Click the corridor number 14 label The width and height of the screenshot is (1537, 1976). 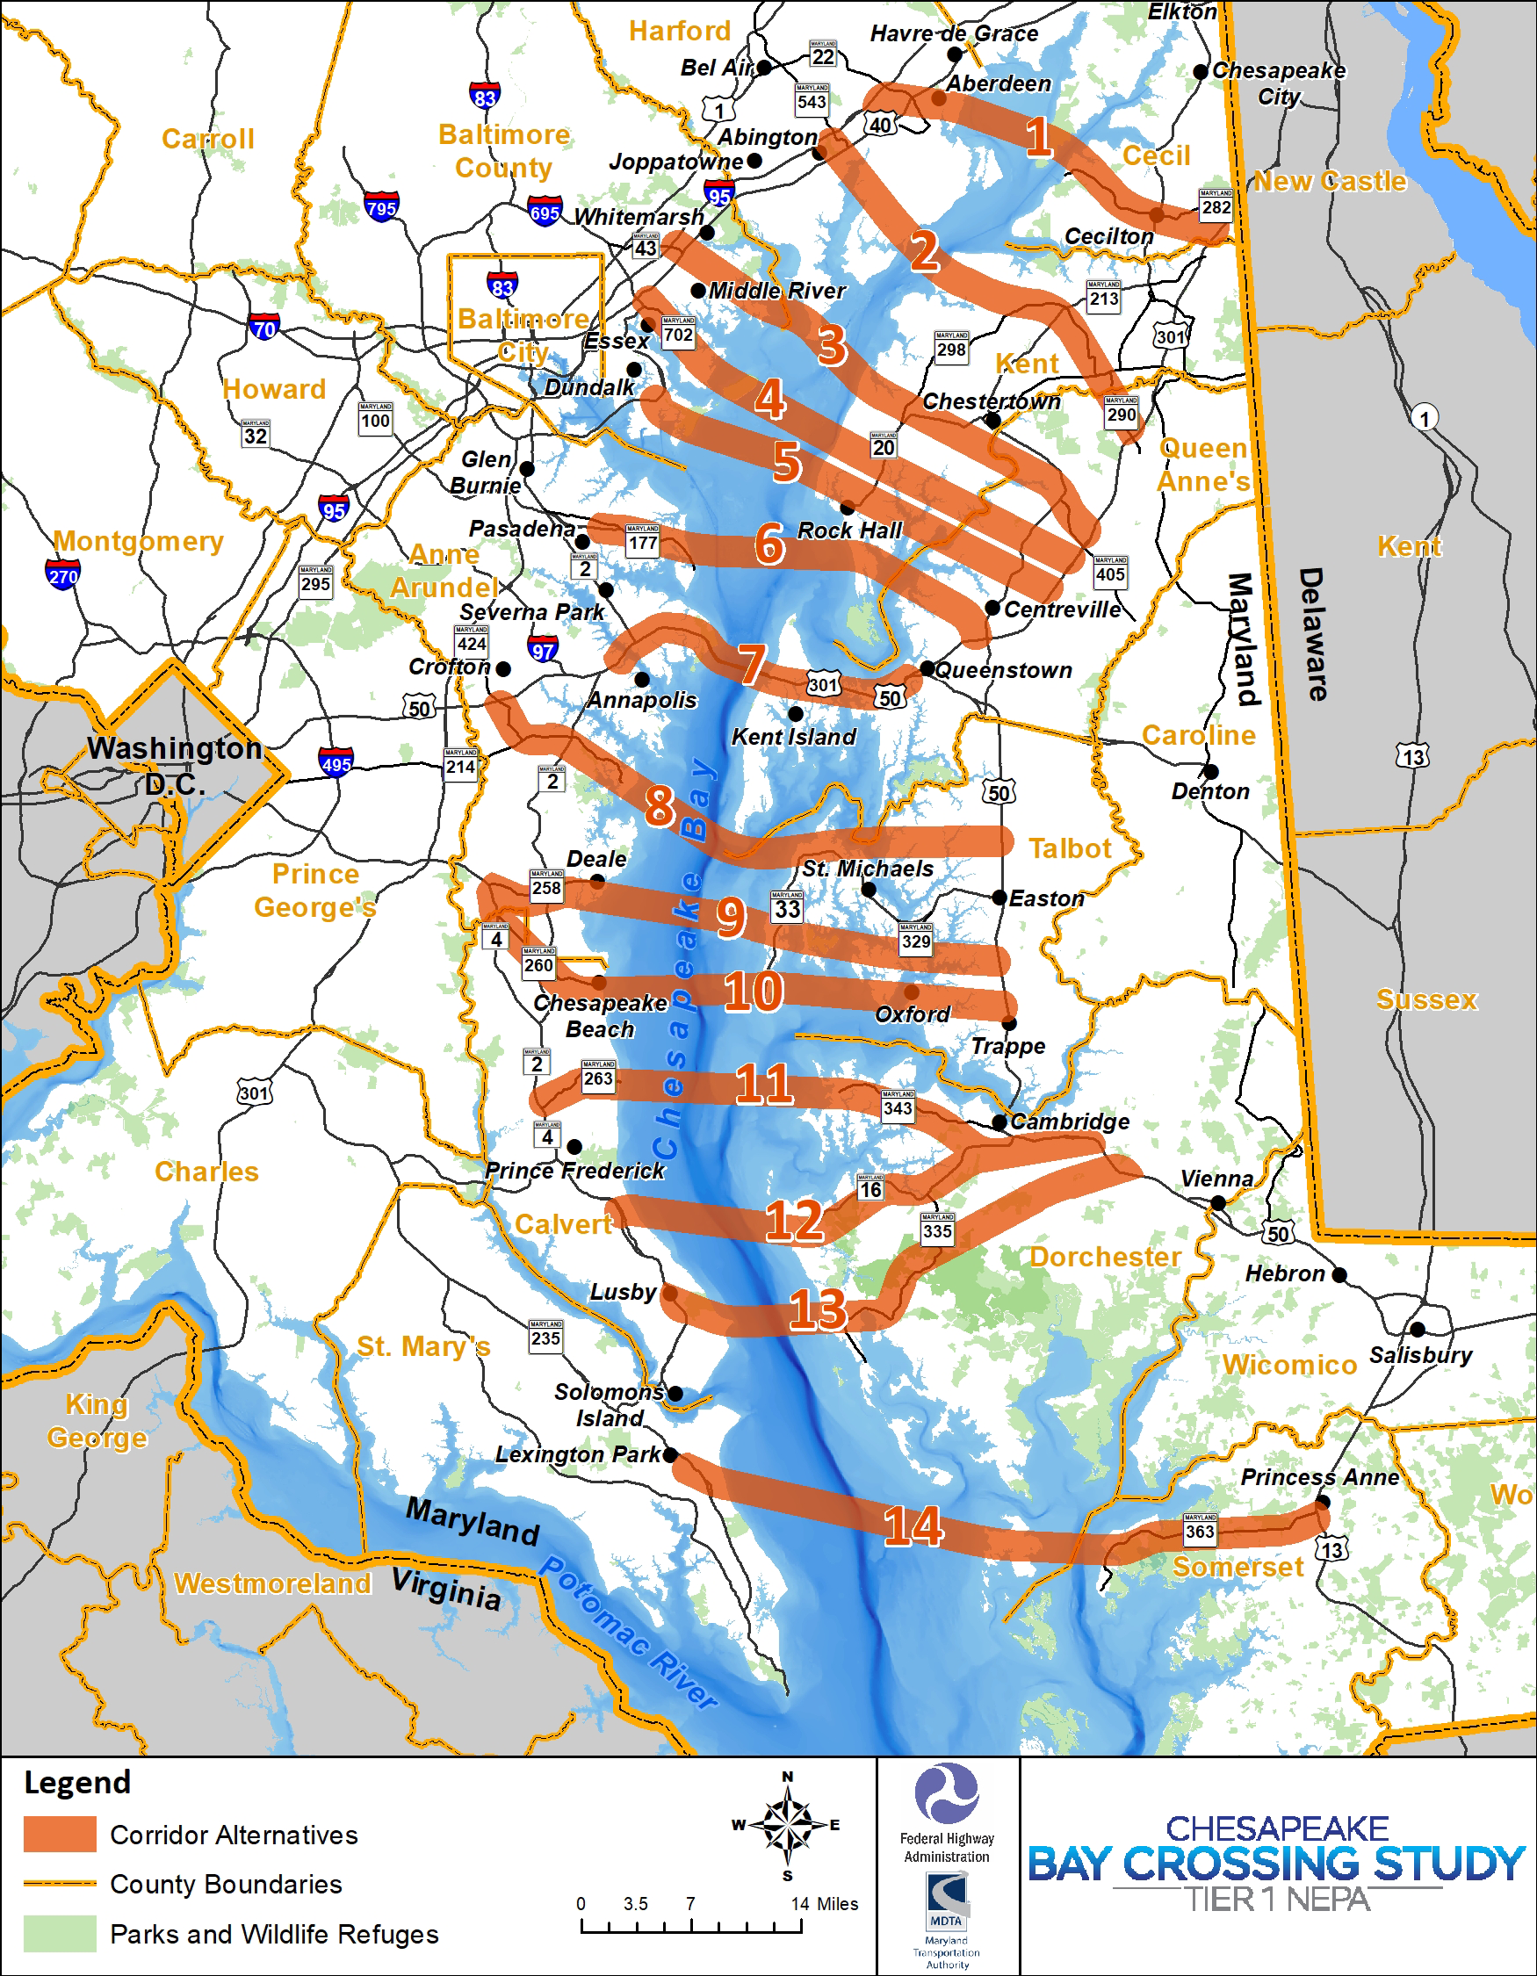coord(913,1525)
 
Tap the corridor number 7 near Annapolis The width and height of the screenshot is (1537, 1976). coord(752,665)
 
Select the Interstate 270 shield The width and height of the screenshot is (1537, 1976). coord(62,574)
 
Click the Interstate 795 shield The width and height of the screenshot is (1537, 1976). coord(382,207)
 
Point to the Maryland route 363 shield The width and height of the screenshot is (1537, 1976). coord(1200,1530)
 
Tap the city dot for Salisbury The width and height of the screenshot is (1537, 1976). coord(1418,1329)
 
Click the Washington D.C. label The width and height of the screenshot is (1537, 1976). coord(175,766)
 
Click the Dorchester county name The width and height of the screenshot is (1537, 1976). coord(1105,1257)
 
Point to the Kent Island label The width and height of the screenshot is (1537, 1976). coord(793,737)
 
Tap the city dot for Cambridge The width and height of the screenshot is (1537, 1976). coord(999,1121)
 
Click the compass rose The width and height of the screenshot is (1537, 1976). coord(788,1825)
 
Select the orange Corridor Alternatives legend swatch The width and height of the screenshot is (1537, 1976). coord(60,1834)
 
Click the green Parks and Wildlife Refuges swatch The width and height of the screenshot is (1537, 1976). coord(60,1934)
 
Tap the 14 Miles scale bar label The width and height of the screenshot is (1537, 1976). coord(824,1904)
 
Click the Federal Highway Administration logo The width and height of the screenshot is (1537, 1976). coord(946,1793)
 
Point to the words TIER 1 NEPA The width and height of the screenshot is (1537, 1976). coord(1277,1900)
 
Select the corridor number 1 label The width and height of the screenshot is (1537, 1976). coord(1038,137)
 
